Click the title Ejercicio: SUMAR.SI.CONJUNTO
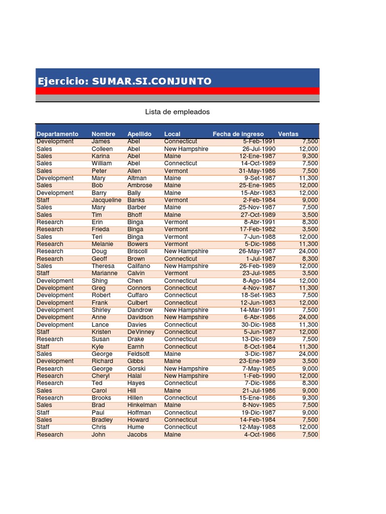coord(124,81)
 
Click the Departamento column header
coord(57,134)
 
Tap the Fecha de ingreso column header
coord(238,134)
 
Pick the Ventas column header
coord(288,134)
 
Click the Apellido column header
coord(139,134)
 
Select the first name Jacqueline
coord(106,200)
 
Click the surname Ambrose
coord(140,185)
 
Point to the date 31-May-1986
coord(257,171)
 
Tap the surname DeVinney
coord(141,332)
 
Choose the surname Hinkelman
coord(142,405)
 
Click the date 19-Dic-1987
coord(257,413)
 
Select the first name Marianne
coord(105,274)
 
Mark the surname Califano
coord(139,266)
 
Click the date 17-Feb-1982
coord(257,229)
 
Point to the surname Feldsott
coord(138,354)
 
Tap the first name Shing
coord(100,281)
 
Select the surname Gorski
coord(136,368)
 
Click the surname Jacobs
coord(137,435)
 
